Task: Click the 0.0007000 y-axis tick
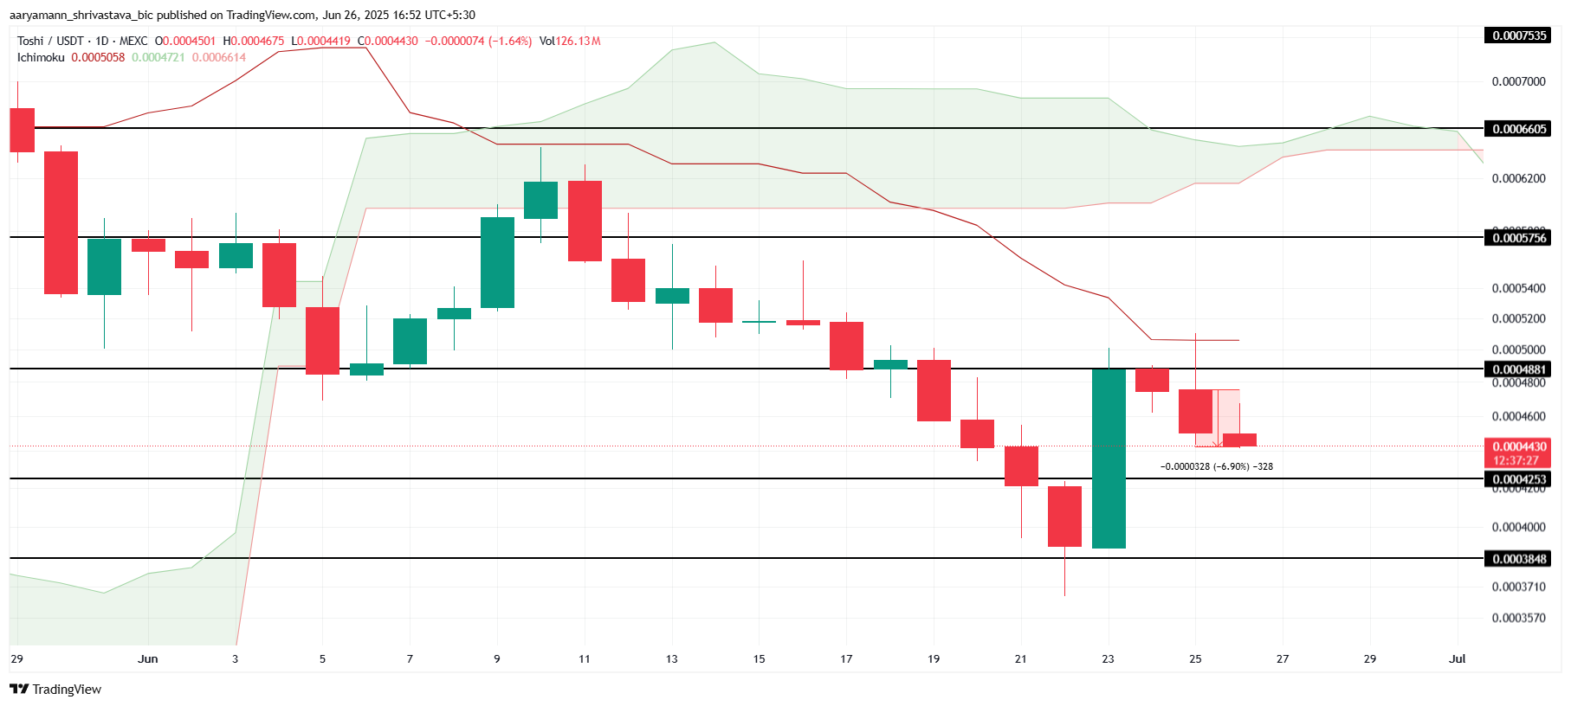(1518, 81)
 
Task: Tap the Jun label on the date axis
(148, 658)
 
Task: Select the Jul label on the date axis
(1457, 658)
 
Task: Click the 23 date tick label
(1108, 658)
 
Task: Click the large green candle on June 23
(1109, 459)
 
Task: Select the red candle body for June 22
(1064, 516)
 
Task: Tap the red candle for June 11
(585, 221)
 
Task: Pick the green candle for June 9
(497, 262)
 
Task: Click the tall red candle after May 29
(61, 222)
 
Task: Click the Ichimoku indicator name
(41, 57)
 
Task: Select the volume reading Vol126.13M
(569, 41)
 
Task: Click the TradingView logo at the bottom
(55, 689)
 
